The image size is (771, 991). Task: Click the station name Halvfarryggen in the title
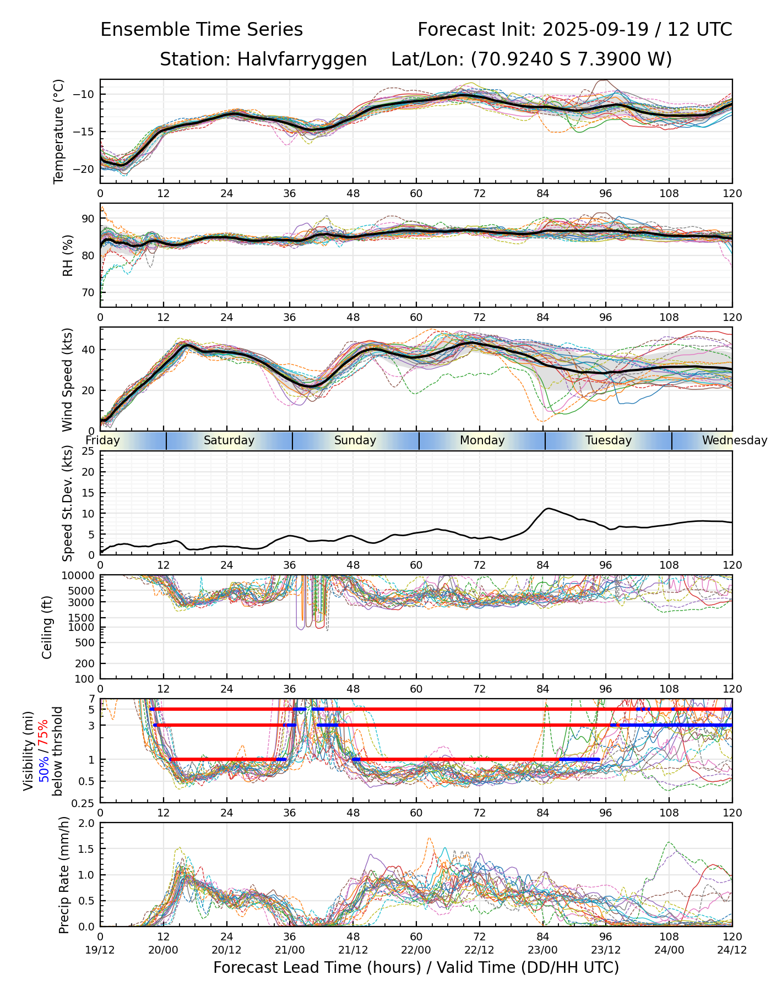(x=302, y=59)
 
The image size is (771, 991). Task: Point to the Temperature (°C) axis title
(x=59, y=131)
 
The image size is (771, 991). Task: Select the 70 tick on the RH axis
(x=89, y=292)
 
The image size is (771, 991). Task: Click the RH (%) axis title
(x=68, y=255)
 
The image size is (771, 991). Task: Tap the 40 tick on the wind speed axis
(x=89, y=350)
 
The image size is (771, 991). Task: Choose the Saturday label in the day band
(x=229, y=440)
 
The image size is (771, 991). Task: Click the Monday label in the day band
(x=482, y=440)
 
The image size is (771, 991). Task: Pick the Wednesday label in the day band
(x=734, y=440)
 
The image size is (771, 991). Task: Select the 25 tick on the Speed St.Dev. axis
(x=89, y=451)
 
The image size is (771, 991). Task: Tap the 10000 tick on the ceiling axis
(x=78, y=576)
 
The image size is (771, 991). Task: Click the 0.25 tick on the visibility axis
(x=84, y=803)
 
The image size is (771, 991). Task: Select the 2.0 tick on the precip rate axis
(x=86, y=824)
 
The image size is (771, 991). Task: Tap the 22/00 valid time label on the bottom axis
(x=416, y=950)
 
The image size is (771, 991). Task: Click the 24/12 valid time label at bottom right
(x=732, y=950)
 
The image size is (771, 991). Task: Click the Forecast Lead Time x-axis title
(x=416, y=967)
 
